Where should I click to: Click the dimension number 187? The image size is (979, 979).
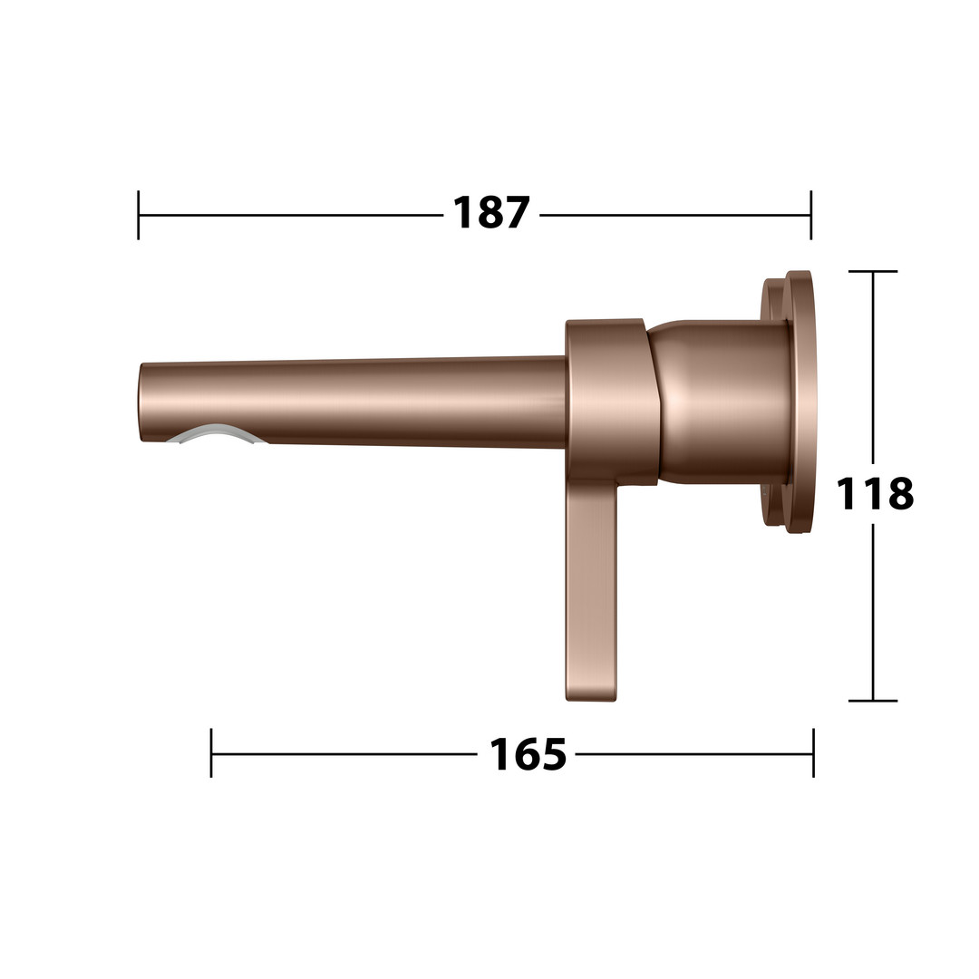pos(490,213)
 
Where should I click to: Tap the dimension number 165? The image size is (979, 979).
pos(528,754)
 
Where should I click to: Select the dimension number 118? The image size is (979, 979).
pos(874,493)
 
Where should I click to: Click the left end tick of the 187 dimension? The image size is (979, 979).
pos(139,215)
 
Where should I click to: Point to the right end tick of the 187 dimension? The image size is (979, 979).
pos(811,215)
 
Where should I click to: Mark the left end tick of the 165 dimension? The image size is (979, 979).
pos(211,753)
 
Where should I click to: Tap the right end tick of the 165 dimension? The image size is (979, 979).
pos(813,753)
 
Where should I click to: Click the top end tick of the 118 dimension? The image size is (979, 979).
pos(873,272)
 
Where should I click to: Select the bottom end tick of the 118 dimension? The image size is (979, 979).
pos(873,701)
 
